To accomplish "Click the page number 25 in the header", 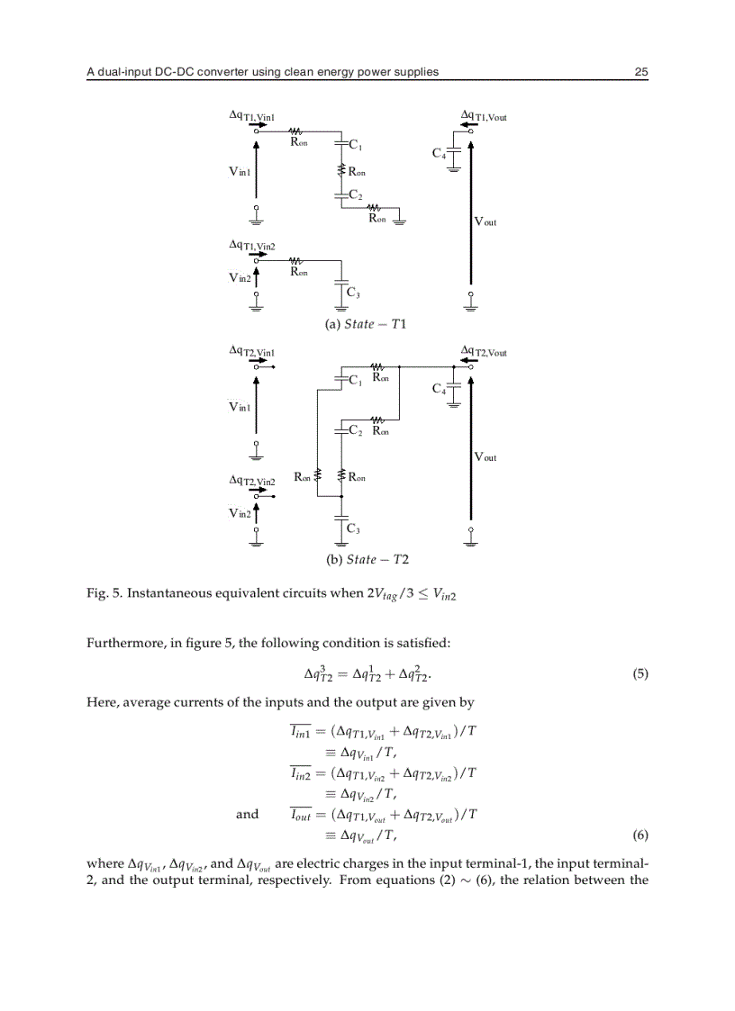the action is coord(641,72).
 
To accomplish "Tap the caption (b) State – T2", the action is coord(365,559).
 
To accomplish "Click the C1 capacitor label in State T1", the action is coord(355,145).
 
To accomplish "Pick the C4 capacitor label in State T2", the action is coord(439,389).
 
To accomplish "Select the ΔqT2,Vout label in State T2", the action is coord(484,352).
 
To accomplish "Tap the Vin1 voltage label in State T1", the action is coord(239,171).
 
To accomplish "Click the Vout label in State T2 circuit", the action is coord(485,457).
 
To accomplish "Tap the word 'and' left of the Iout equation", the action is coord(247,814).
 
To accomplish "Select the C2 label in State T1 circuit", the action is coord(355,195).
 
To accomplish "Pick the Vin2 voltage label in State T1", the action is coord(239,278).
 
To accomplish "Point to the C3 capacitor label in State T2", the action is coord(353,528).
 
